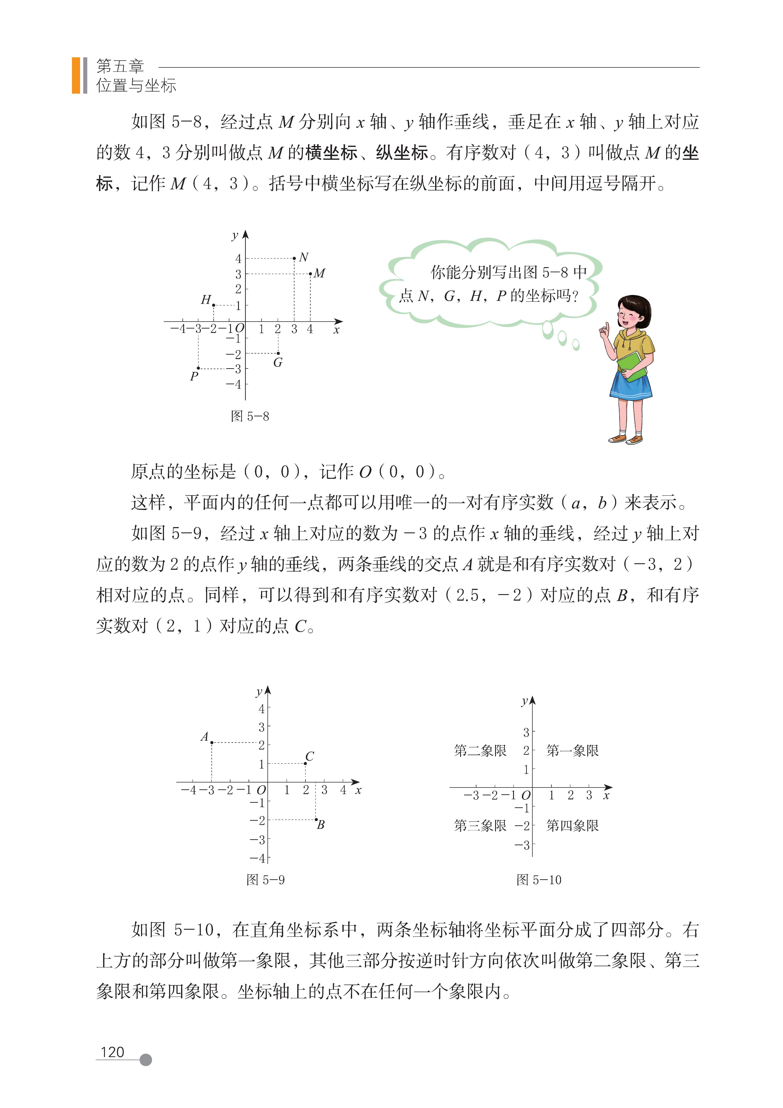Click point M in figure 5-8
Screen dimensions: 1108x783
(310, 274)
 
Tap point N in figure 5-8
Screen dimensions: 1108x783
(294, 258)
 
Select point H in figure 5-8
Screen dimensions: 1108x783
(214, 305)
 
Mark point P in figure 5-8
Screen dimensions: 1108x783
(198, 368)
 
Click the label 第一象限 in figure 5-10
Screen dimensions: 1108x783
(572, 750)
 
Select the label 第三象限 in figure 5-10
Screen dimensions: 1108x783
(480, 826)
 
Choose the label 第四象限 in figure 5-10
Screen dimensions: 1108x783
(572, 826)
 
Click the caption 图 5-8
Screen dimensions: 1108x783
(250, 416)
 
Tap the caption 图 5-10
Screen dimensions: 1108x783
(539, 880)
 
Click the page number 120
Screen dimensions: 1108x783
(112, 1052)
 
